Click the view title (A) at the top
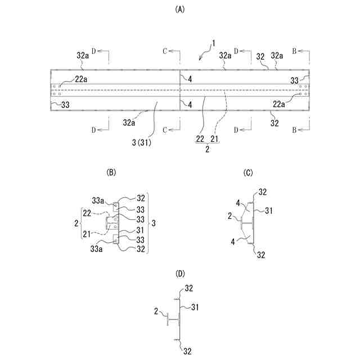pos(180,9)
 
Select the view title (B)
pos(111,173)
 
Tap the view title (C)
pos(248,173)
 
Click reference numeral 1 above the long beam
pos(213,44)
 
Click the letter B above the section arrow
pos(294,50)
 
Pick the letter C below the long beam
pos(165,130)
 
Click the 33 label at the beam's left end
pos(65,105)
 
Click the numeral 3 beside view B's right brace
pos(152,223)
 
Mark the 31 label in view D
pos(196,307)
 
